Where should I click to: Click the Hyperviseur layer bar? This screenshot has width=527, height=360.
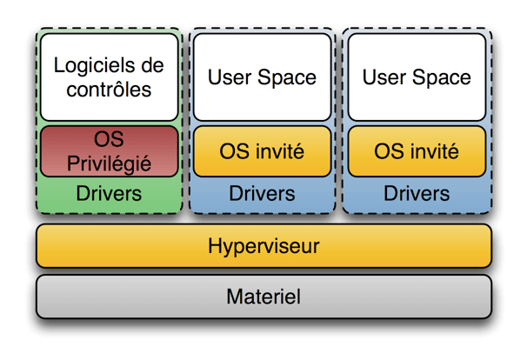pyautogui.click(x=263, y=246)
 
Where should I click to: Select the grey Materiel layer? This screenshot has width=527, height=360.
pyautogui.click(x=263, y=297)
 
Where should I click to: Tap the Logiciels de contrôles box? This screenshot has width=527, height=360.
pyautogui.click(x=110, y=77)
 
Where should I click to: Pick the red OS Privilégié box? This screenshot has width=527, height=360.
pyautogui.click(x=110, y=151)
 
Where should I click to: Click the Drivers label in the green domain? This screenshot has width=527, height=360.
pyautogui.click(x=109, y=194)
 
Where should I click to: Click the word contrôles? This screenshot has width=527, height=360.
pyautogui.click(x=109, y=90)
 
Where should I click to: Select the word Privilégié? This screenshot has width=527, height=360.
pyautogui.click(x=109, y=164)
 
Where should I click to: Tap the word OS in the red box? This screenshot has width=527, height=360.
pyautogui.click(x=109, y=139)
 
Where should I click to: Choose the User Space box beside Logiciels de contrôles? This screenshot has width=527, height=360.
pyautogui.click(x=262, y=77)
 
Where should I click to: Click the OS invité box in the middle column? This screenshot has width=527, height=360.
pyautogui.click(x=262, y=151)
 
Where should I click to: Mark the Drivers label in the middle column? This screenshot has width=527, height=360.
pyautogui.click(x=262, y=194)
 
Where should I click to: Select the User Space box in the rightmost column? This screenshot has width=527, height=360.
pyautogui.click(x=417, y=77)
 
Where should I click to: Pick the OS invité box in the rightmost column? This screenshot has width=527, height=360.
pyautogui.click(x=417, y=151)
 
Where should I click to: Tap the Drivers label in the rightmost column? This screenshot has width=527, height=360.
pyautogui.click(x=417, y=194)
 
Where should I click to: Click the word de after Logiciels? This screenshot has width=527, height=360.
pyautogui.click(x=152, y=65)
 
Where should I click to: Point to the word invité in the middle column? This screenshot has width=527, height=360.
pyautogui.click(x=280, y=151)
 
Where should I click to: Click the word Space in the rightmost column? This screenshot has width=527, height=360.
pyautogui.click(x=442, y=78)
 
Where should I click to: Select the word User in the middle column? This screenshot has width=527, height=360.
pyautogui.click(x=230, y=77)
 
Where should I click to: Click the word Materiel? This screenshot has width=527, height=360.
pyautogui.click(x=263, y=297)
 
